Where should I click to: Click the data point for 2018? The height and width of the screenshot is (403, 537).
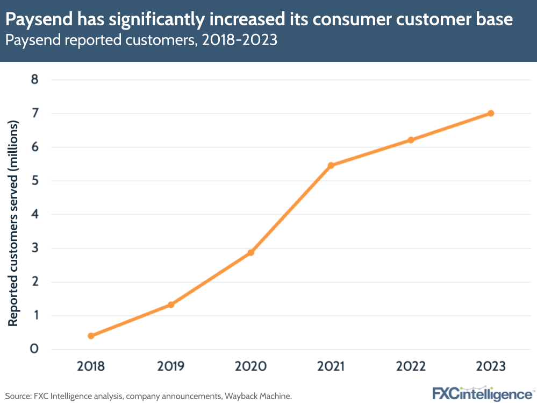click(91, 336)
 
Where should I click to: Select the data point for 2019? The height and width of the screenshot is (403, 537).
click(171, 305)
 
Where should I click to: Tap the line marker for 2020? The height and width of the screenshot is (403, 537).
click(251, 252)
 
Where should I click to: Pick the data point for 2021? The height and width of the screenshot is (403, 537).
click(331, 165)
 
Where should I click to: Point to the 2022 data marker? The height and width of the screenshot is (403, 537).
click(411, 140)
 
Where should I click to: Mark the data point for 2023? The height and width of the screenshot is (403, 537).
click(491, 113)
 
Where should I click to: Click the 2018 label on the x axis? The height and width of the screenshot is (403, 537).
click(91, 366)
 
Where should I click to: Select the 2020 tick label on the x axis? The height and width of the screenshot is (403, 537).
click(251, 366)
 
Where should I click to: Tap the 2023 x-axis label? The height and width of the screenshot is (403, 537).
click(491, 366)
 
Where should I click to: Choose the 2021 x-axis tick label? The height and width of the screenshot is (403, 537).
click(331, 366)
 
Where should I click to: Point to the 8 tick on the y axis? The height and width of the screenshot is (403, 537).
click(35, 80)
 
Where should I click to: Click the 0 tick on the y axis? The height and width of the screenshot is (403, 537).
click(35, 349)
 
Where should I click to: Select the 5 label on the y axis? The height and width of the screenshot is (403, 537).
click(35, 181)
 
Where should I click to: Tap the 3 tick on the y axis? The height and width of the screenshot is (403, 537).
click(35, 248)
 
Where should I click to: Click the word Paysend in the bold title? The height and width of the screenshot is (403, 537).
click(37, 20)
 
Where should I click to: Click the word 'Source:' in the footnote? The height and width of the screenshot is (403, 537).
click(19, 396)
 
